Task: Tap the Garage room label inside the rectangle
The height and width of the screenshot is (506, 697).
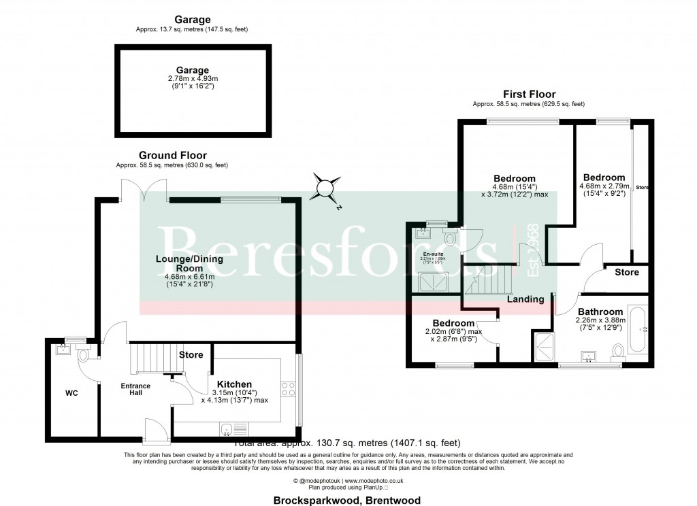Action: tap(191, 70)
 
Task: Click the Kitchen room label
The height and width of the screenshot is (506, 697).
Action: tap(234, 384)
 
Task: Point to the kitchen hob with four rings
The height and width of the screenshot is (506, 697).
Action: tap(288, 389)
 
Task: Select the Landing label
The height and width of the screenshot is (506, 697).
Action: tap(525, 299)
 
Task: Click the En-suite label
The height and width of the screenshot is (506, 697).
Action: tap(429, 254)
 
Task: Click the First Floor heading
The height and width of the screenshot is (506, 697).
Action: tap(529, 95)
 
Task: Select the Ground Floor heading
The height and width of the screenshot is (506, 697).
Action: tap(172, 156)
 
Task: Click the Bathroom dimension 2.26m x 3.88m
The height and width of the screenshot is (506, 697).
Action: tap(589, 322)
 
